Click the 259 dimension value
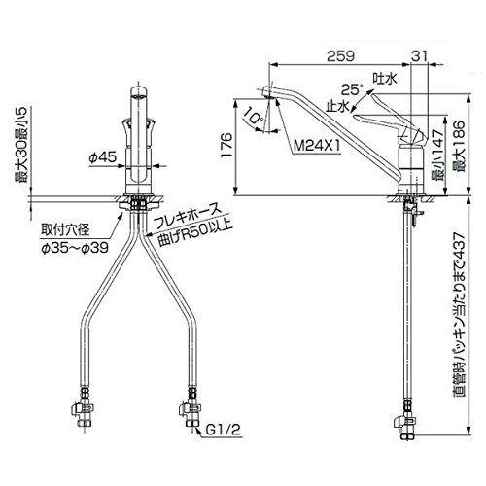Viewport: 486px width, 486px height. click(340, 56)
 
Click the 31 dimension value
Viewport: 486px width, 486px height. click(419, 56)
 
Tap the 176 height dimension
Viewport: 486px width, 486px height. click(226, 145)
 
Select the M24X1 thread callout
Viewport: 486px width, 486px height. click(317, 146)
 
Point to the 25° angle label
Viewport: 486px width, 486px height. click(351, 89)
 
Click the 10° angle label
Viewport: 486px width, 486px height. click(254, 116)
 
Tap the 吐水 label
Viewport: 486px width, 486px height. click(385, 79)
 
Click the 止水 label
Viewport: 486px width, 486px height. click(337, 106)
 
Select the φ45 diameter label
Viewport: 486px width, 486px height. click(102, 157)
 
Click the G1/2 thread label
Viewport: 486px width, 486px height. click(224, 430)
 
